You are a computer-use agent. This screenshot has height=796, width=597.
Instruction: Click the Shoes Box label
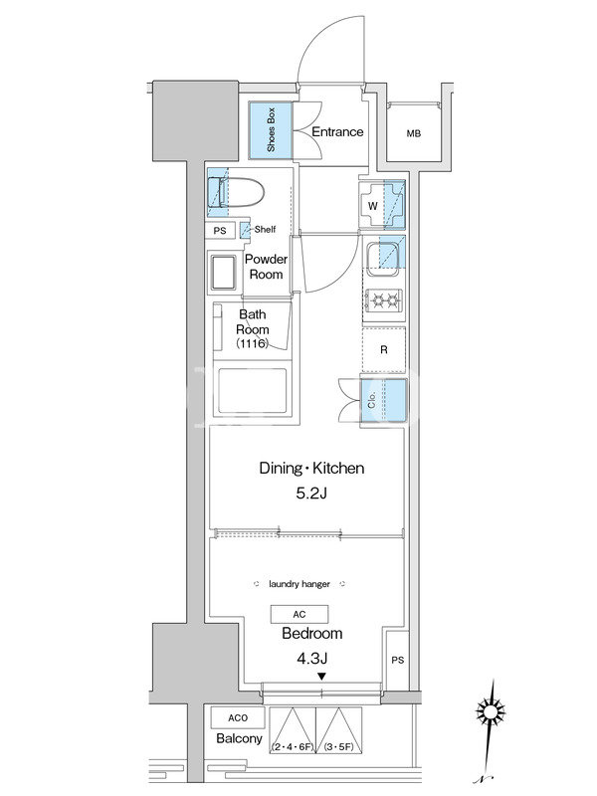click(x=271, y=130)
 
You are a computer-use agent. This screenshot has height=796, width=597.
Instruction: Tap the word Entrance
click(x=337, y=132)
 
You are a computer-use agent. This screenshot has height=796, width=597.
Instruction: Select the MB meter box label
click(x=414, y=134)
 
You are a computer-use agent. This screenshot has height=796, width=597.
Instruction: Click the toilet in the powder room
click(x=237, y=192)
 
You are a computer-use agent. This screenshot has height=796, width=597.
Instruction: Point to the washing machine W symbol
click(x=373, y=206)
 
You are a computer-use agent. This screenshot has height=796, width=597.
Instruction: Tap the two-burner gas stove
click(x=384, y=300)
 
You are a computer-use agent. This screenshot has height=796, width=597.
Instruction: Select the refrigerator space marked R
click(x=384, y=350)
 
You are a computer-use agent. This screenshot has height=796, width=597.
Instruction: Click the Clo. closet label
click(x=371, y=400)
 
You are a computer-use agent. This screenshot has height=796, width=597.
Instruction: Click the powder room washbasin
click(x=222, y=272)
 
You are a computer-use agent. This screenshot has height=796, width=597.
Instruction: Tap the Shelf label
click(x=265, y=230)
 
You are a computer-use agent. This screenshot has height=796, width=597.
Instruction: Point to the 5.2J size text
click(x=311, y=493)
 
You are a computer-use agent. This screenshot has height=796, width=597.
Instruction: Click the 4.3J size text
click(x=311, y=659)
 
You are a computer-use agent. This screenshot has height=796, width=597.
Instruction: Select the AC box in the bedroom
click(x=299, y=614)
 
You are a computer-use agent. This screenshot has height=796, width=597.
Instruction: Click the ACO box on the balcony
click(x=238, y=717)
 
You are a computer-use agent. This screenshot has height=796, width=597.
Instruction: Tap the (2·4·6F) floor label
click(x=293, y=747)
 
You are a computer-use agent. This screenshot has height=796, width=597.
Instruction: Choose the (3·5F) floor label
click(x=338, y=747)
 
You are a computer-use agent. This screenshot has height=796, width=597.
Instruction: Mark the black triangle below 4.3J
click(x=321, y=677)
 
